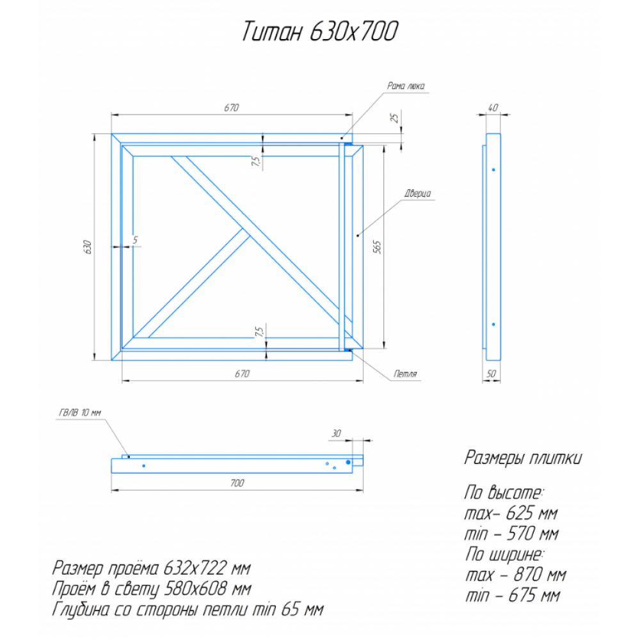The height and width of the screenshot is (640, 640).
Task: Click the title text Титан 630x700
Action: pyautogui.click(x=319, y=31)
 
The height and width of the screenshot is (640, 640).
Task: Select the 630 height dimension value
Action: pyautogui.click(x=87, y=247)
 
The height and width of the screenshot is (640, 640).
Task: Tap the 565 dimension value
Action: pyautogui.click(x=377, y=247)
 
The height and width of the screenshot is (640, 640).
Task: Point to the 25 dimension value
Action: pyautogui.click(x=394, y=118)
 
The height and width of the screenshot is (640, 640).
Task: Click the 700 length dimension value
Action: pyautogui.click(x=237, y=483)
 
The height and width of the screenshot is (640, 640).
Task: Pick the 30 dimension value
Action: pyautogui.click(x=336, y=433)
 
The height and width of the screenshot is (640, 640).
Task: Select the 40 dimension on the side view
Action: pyautogui.click(x=493, y=108)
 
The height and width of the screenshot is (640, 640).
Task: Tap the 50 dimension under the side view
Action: pyautogui.click(x=492, y=374)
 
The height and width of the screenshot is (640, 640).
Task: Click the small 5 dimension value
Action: pyautogui.click(x=136, y=240)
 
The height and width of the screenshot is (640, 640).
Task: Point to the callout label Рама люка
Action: pyautogui.click(x=406, y=86)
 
